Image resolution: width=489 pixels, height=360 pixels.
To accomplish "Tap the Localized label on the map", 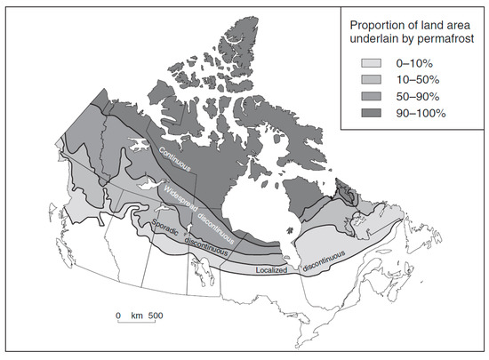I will point(267,268).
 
